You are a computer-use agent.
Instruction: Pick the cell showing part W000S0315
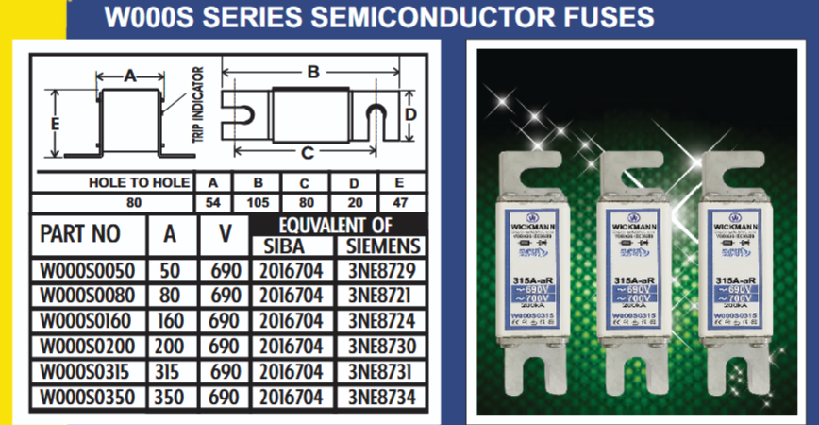coord(88,372)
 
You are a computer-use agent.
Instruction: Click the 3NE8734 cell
coord(380,398)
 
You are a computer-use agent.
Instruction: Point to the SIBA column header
coord(282,247)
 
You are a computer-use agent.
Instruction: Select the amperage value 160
coord(171,322)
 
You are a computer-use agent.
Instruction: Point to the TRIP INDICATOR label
coord(197,104)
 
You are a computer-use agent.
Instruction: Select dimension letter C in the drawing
coord(307,154)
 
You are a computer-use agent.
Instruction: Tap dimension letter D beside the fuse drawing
coord(410,114)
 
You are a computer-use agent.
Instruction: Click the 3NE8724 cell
coord(380,322)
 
